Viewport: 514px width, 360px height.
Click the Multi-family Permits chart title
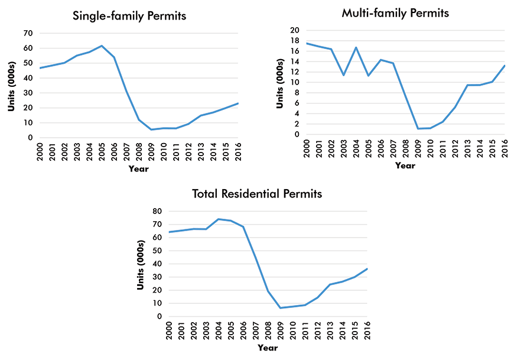[395, 12]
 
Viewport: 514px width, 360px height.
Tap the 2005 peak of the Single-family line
[102, 46]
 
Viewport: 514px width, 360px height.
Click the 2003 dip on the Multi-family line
[343, 75]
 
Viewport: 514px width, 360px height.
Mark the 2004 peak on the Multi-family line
[356, 47]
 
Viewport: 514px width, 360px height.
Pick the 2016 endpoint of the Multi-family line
[505, 66]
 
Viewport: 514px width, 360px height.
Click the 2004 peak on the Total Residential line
[218, 219]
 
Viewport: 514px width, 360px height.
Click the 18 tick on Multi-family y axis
[295, 41]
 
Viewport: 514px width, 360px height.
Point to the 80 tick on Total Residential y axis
[158, 211]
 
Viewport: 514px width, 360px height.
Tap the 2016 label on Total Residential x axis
[367, 329]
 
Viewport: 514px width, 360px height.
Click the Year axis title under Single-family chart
[139, 169]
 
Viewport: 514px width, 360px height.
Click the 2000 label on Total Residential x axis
[169, 329]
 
